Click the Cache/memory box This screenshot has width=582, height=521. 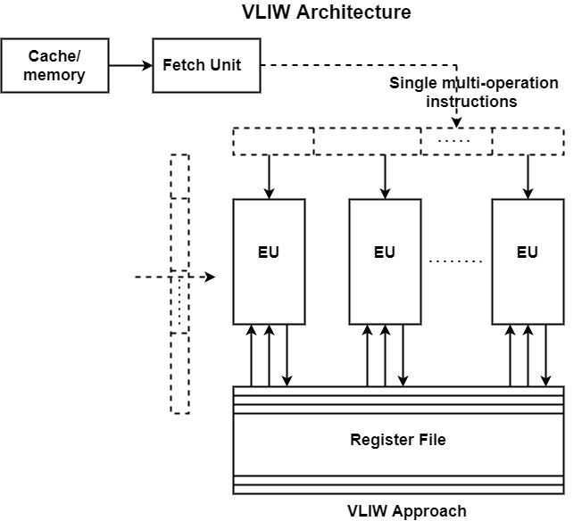(54, 65)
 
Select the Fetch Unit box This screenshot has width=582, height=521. (206, 65)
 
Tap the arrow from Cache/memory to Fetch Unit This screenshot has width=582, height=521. (130, 65)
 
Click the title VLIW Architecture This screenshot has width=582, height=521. (327, 12)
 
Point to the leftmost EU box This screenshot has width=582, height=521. (269, 261)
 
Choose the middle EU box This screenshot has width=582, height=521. (385, 261)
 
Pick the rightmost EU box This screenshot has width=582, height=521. (528, 261)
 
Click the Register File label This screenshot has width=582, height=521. (397, 440)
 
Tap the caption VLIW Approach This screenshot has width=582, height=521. (406, 511)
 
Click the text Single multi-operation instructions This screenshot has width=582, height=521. (474, 92)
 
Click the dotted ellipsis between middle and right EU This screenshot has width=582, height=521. (455, 261)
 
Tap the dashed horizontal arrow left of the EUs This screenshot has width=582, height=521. (175, 277)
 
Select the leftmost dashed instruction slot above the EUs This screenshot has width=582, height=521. (273, 142)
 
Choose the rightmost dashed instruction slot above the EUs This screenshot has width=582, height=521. (528, 142)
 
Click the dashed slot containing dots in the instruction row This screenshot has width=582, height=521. (456, 142)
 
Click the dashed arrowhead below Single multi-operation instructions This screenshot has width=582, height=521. (457, 120)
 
